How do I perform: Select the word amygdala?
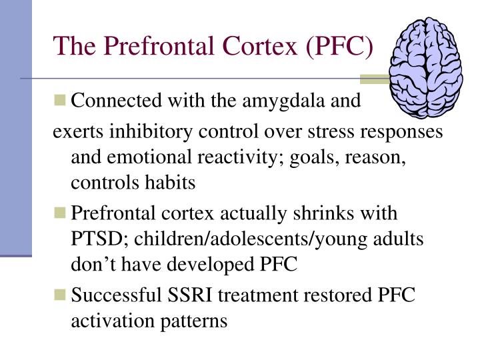tap(297, 101)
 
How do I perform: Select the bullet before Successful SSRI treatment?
tap(61, 294)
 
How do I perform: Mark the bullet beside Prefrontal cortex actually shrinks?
tap(61, 214)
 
